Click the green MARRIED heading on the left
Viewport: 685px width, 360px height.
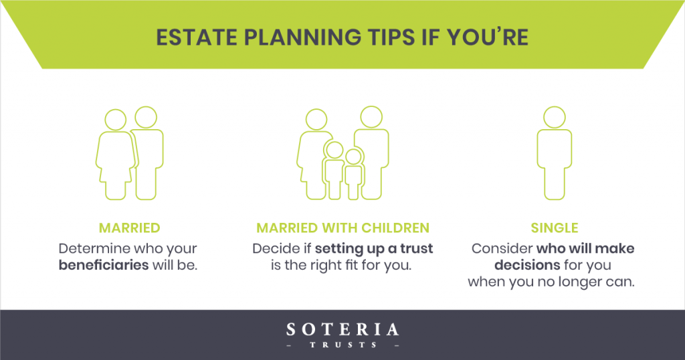point(129,228)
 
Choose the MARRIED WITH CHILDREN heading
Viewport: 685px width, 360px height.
point(343,228)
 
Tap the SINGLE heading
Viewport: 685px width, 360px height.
point(555,228)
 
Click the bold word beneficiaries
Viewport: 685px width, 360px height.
point(104,265)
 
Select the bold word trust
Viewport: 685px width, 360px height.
point(417,249)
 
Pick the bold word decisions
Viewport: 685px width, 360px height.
point(527,265)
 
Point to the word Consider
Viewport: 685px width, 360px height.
point(502,249)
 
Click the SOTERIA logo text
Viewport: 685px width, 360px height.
point(342,329)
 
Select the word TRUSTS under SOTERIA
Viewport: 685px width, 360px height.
point(343,345)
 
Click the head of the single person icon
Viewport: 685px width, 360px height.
point(555,117)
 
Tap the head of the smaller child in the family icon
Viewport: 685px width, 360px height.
point(353,157)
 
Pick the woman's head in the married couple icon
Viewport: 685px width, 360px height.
point(115,120)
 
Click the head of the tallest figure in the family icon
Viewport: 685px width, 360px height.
point(371,117)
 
